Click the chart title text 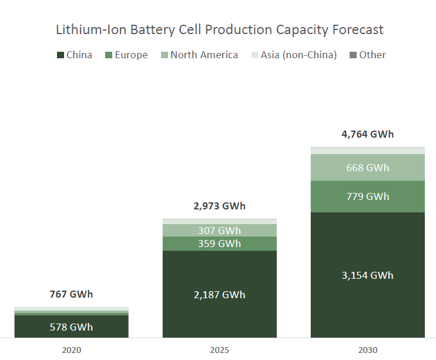tap(219, 29)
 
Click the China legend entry tap(75, 55)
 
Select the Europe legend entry tap(126, 55)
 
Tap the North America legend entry tap(200, 55)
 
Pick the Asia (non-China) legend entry tap(294, 55)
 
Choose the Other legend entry tap(367, 55)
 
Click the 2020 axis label tap(71, 350)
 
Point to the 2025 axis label tap(219, 350)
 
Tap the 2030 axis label tap(367, 350)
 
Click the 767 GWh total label tap(71, 295)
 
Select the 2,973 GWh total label tap(219, 206)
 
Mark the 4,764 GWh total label tap(367, 134)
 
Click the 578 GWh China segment tap(71, 327)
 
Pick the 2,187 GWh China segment tap(219, 295)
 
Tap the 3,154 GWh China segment tap(367, 275)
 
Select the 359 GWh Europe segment tap(219, 244)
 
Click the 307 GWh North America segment tap(219, 231)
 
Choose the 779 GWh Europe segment tap(367, 196)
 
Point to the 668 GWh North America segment tap(367, 168)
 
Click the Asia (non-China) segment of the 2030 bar tap(367, 151)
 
